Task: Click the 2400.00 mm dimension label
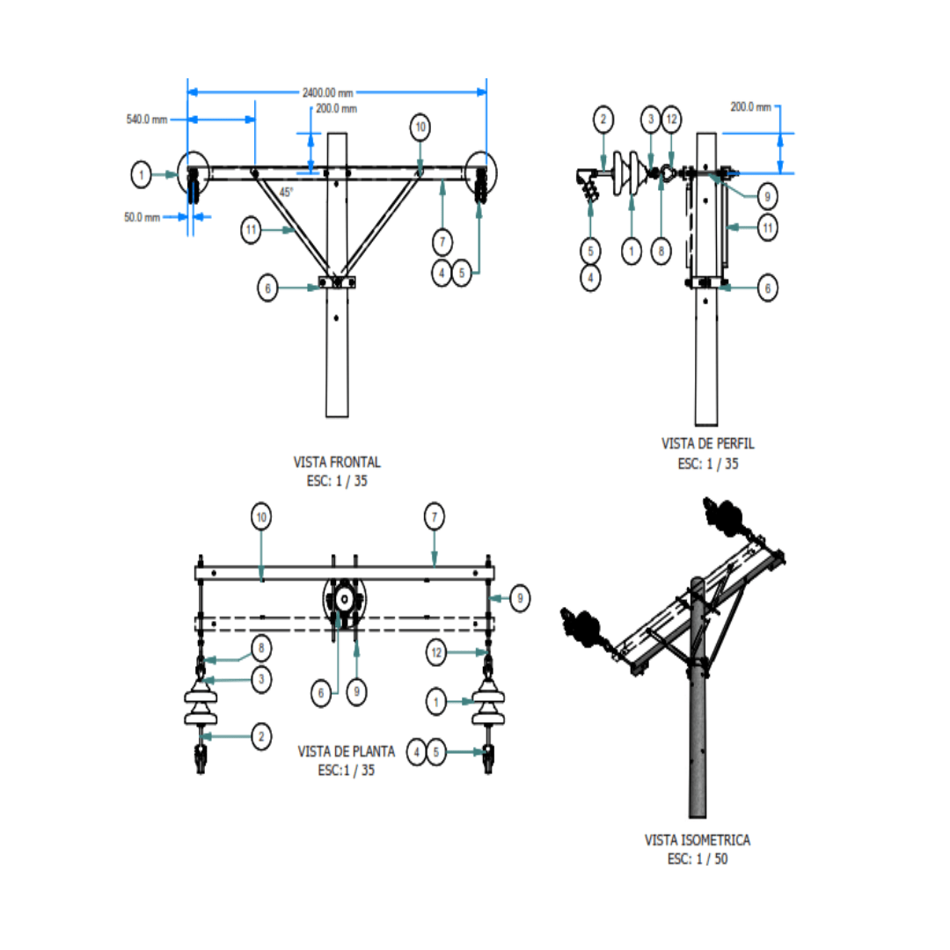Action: tap(327, 91)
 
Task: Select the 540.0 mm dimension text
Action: tap(147, 119)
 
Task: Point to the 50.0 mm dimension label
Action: tap(142, 216)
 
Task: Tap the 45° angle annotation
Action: tap(287, 192)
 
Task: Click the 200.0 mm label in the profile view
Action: tap(750, 106)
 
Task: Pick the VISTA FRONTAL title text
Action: tap(337, 462)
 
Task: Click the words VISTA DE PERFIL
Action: tap(707, 445)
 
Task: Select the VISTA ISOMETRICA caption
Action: tap(698, 841)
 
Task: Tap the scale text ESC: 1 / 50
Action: tap(698, 859)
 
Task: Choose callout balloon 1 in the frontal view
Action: tap(142, 175)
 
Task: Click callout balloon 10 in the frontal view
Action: tap(420, 128)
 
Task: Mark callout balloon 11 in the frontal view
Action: tap(252, 230)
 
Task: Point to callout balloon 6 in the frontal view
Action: tap(268, 287)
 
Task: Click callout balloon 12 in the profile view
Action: tap(670, 119)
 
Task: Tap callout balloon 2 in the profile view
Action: tap(603, 119)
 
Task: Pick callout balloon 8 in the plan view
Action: tap(260, 649)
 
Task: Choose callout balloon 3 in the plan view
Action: tap(260, 679)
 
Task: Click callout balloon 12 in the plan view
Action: tap(437, 653)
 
